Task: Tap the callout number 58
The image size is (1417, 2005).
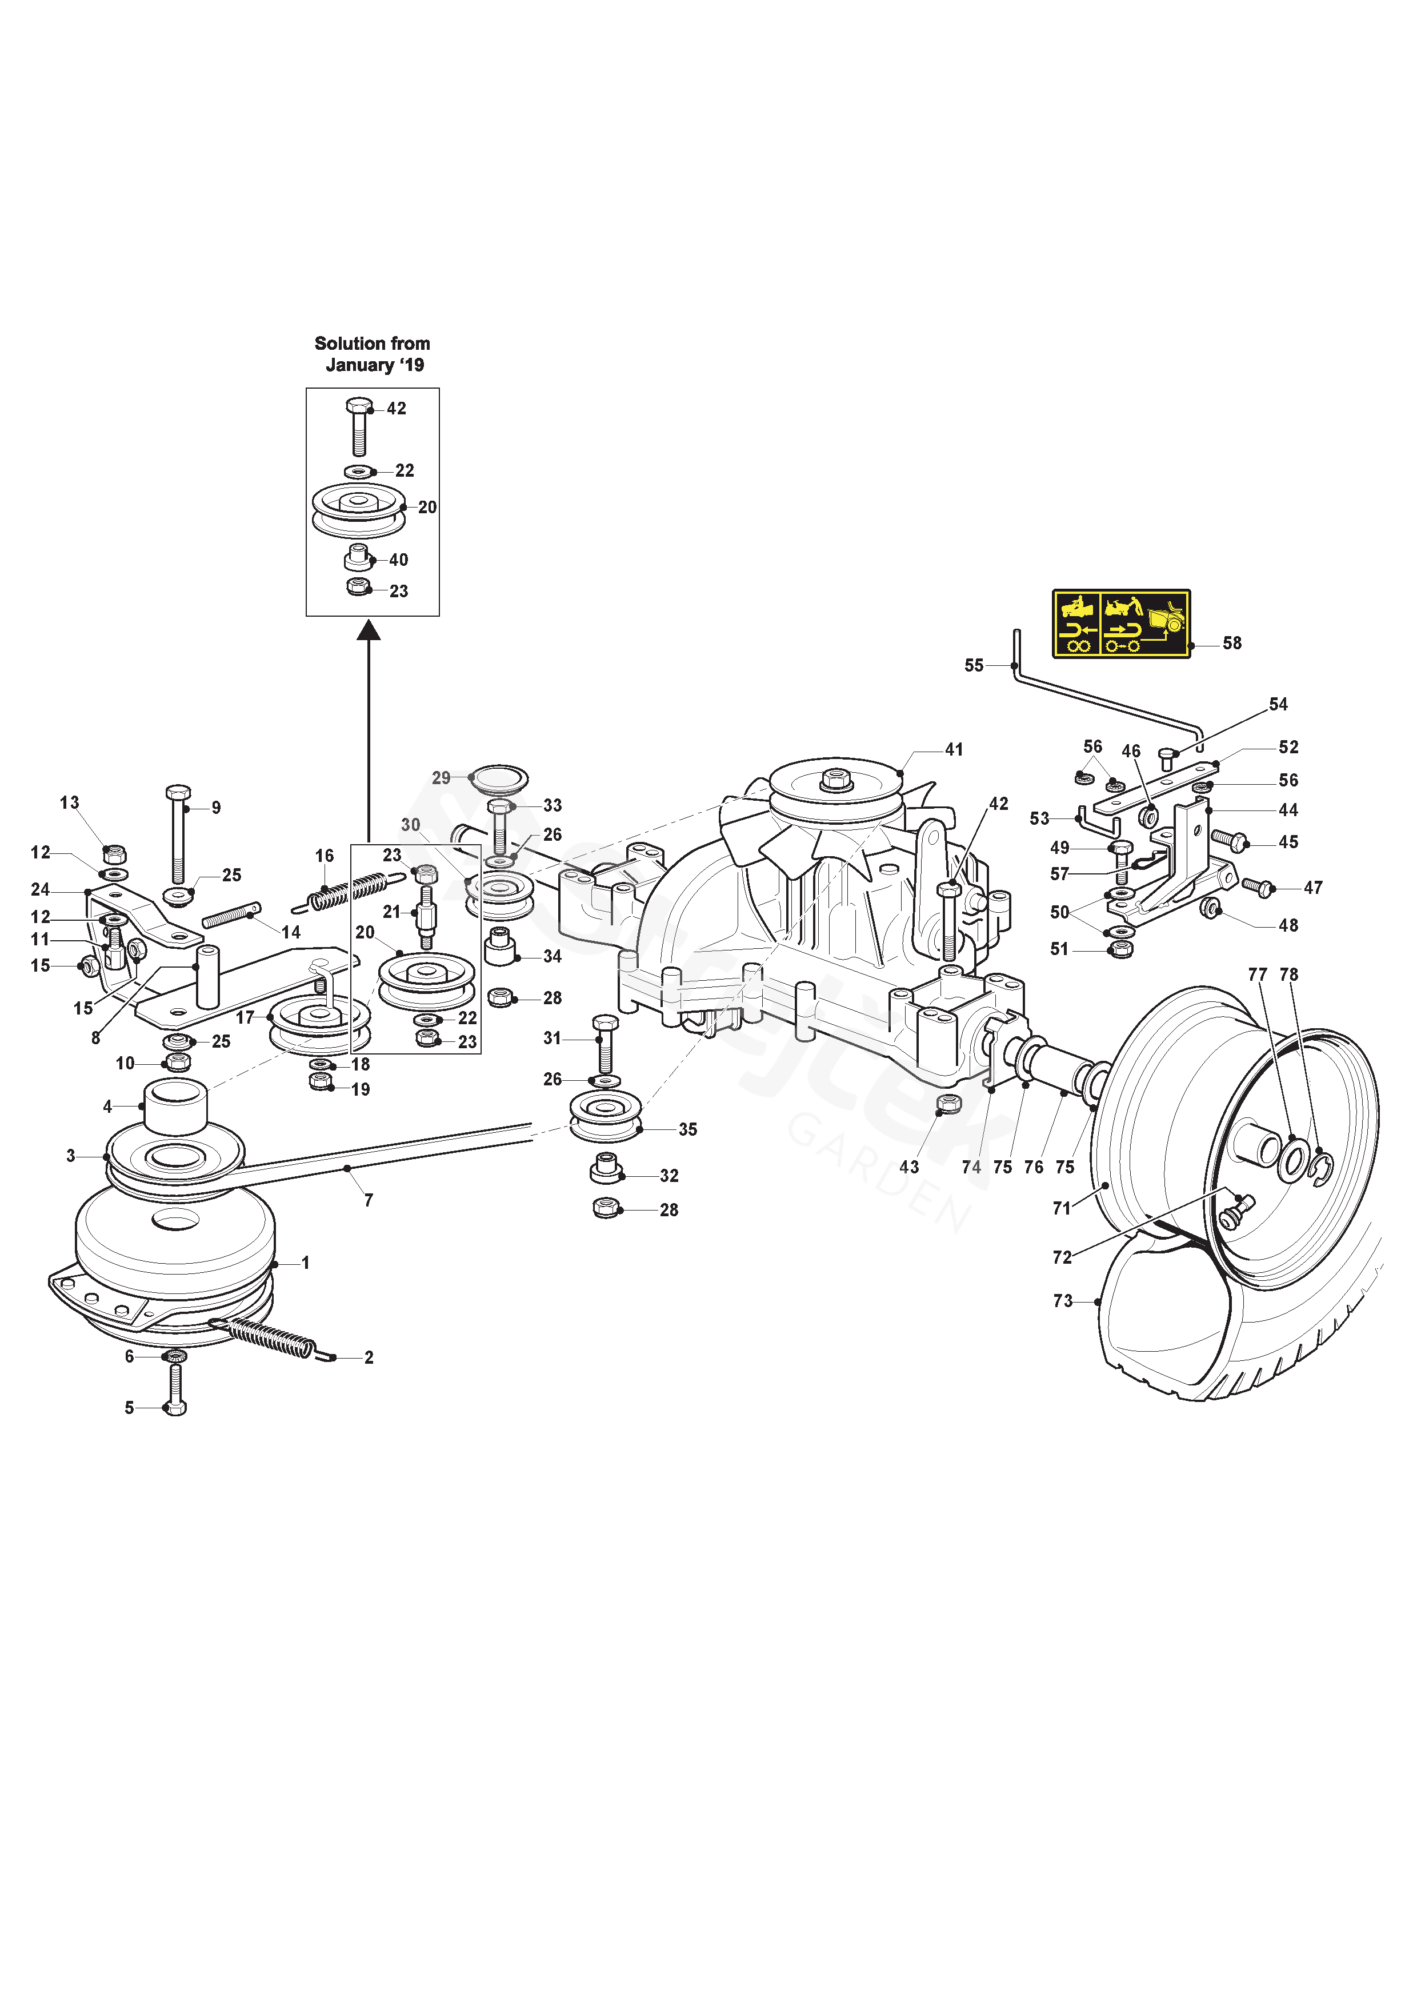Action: click(x=1231, y=644)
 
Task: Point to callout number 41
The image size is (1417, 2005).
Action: click(x=954, y=749)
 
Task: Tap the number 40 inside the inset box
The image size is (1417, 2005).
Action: click(x=398, y=560)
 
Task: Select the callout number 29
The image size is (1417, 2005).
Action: click(x=441, y=777)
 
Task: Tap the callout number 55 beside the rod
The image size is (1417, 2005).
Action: click(x=974, y=665)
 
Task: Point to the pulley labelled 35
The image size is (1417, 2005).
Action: click(x=605, y=1117)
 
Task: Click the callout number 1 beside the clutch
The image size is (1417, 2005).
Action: click(x=306, y=1263)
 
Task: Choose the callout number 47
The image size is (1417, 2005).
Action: click(x=1312, y=887)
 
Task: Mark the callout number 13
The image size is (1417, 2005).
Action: click(x=70, y=802)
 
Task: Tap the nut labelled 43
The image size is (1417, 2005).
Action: click(x=948, y=1104)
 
